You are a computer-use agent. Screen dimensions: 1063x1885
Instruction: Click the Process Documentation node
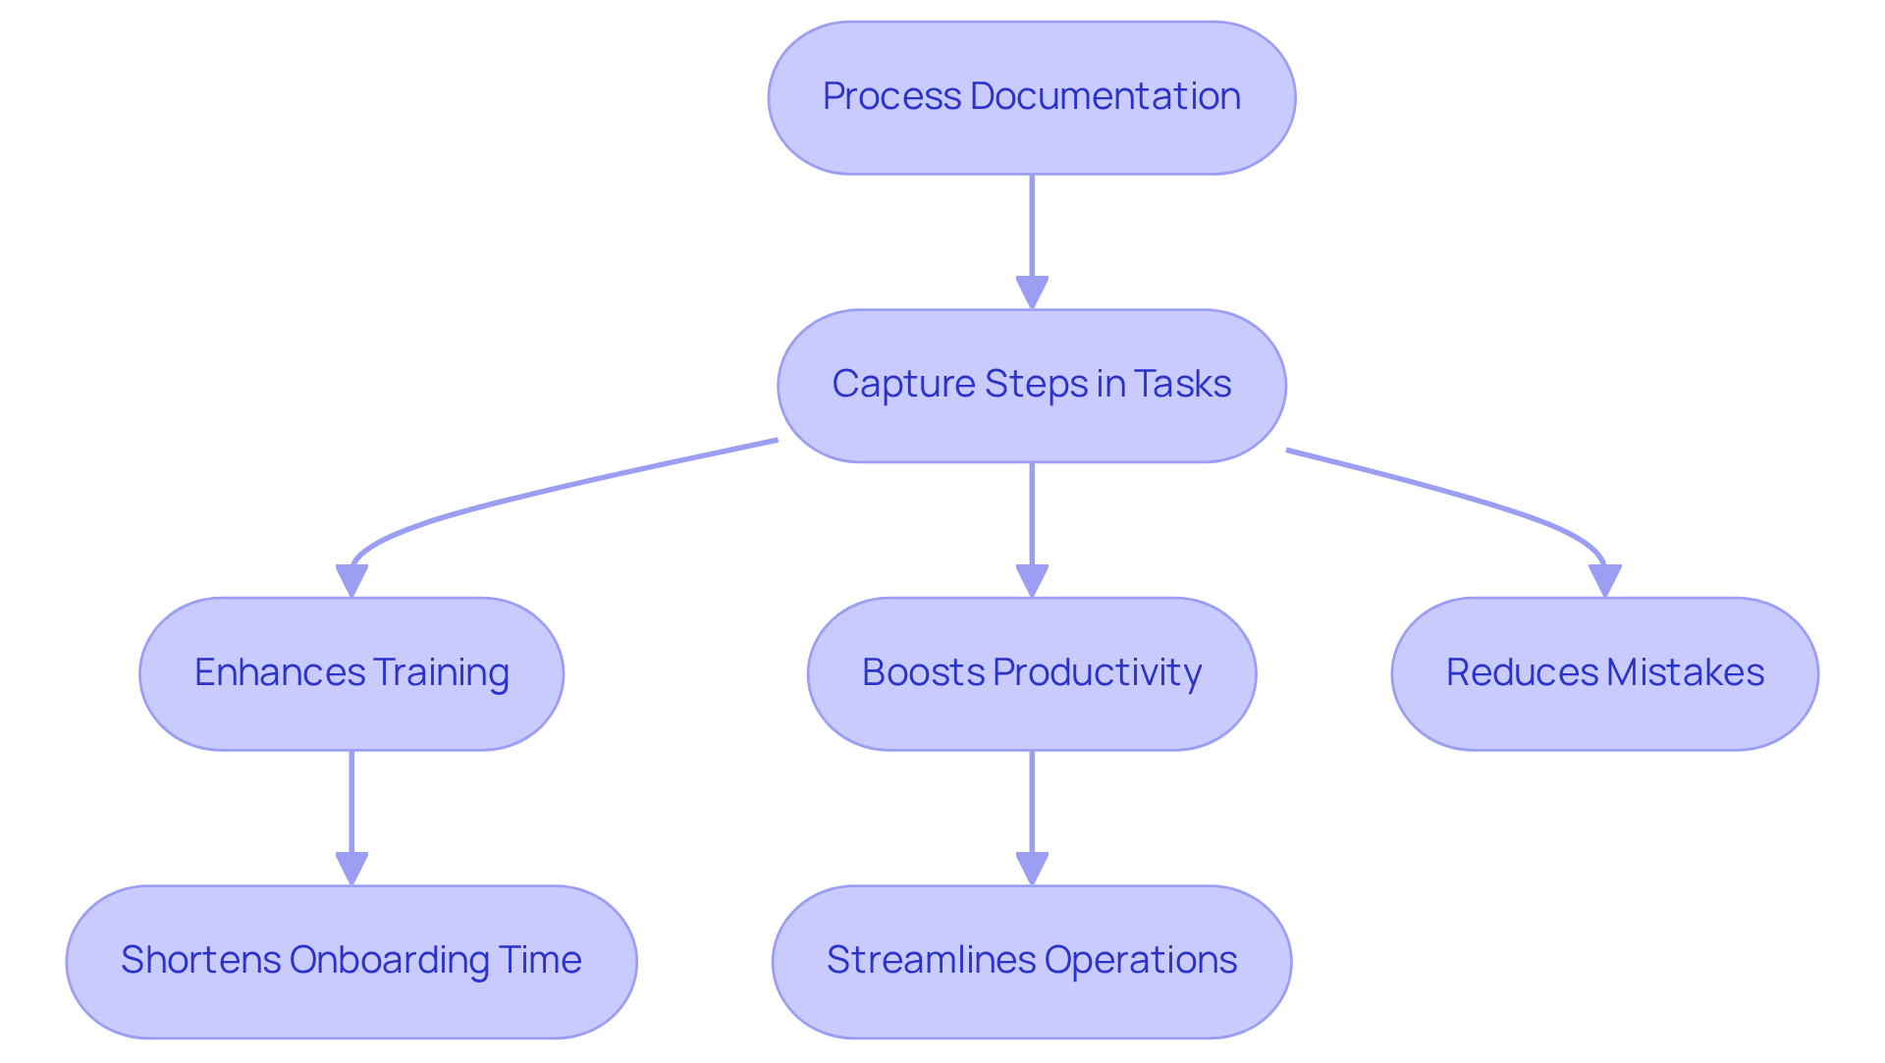pyautogui.click(x=1031, y=98)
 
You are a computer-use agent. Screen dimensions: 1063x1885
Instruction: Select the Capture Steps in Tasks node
pyautogui.click(x=1031, y=386)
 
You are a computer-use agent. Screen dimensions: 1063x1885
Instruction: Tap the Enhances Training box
pyautogui.click(x=351, y=674)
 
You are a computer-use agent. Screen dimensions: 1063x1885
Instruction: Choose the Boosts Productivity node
pyautogui.click(x=1031, y=674)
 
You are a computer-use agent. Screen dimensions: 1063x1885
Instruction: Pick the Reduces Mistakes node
pyautogui.click(x=1604, y=674)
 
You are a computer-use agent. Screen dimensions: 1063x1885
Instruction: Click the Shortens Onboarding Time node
pyautogui.click(x=351, y=962)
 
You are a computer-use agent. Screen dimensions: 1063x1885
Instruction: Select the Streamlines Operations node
pyautogui.click(x=1031, y=962)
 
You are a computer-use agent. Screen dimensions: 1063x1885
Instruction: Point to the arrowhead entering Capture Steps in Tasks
pyautogui.click(x=1032, y=292)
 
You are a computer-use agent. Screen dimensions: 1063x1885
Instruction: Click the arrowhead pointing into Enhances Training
pyautogui.click(x=351, y=580)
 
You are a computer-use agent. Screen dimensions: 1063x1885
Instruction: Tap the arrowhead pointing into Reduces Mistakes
pyautogui.click(x=1604, y=580)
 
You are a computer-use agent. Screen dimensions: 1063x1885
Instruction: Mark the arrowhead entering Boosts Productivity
pyautogui.click(x=1032, y=580)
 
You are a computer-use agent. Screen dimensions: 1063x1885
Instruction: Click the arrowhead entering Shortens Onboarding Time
pyautogui.click(x=351, y=869)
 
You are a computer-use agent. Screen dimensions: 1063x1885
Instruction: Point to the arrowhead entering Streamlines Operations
pyautogui.click(x=1032, y=869)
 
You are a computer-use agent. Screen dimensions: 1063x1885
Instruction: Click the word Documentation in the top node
pyautogui.click(x=1104, y=96)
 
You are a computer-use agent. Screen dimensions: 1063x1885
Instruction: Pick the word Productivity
pyautogui.click(x=1097, y=672)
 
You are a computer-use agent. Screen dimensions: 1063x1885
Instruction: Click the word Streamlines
pyautogui.click(x=930, y=960)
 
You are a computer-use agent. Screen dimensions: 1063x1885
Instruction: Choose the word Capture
pyautogui.click(x=902, y=384)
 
